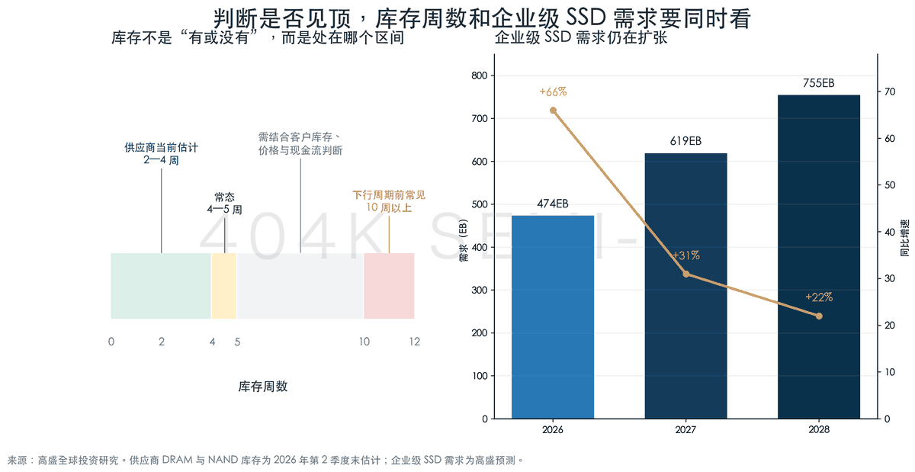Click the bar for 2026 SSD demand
click(x=553, y=316)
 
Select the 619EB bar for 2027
click(x=685, y=286)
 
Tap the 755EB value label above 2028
click(x=819, y=83)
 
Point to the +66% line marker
click(x=553, y=111)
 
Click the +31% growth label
click(x=685, y=255)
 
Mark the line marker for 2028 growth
click(x=819, y=316)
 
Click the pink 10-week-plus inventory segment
click(x=389, y=286)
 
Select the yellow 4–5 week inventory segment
click(x=224, y=286)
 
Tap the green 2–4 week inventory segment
click(x=161, y=286)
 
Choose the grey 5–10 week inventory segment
click(x=300, y=286)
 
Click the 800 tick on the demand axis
click(x=479, y=75)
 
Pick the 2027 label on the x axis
click(x=685, y=429)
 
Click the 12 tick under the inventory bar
click(x=415, y=342)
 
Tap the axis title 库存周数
click(x=263, y=386)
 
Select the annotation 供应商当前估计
click(x=161, y=147)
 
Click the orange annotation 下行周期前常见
click(x=389, y=195)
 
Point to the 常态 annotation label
click(x=224, y=197)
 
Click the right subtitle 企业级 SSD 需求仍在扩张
click(x=581, y=37)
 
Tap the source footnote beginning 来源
click(x=265, y=460)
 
